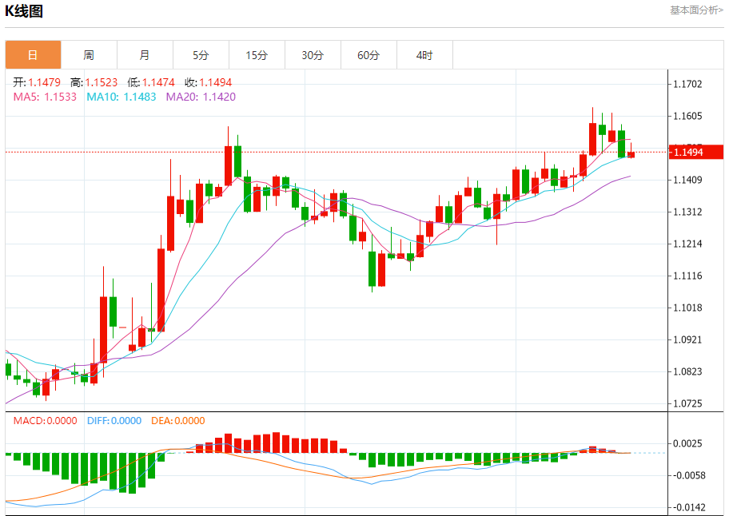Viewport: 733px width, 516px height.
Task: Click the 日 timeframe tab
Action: [33, 55]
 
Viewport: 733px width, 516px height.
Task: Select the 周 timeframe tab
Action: [89, 55]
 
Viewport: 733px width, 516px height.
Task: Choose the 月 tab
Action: [145, 55]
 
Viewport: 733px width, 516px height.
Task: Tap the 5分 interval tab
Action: [201, 55]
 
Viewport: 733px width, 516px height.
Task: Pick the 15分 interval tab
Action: [257, 55]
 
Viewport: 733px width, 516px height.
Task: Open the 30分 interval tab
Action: [313, 55]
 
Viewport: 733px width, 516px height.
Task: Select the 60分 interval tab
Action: [368, 55]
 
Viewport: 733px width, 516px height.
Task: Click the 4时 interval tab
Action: [424, 55]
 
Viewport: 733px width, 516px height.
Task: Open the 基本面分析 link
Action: [695, 10]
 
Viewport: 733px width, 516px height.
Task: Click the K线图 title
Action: [25, 11]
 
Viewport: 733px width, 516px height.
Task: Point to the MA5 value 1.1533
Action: [60, 97]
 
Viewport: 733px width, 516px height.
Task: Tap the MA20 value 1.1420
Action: [218, 97]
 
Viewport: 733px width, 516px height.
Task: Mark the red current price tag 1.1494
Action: [696, 152]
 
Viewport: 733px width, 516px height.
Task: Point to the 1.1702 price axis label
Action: [691, 85]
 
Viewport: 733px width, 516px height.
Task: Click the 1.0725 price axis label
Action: [691, 403]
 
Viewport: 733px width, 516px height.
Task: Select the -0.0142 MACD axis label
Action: [691, 507]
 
